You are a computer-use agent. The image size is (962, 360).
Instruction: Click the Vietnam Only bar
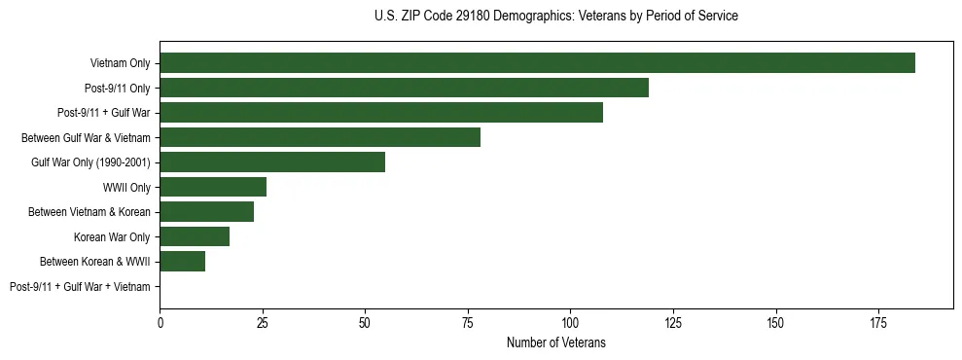click(537, 63)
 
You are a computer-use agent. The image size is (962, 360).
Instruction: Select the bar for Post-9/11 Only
click(404, 88)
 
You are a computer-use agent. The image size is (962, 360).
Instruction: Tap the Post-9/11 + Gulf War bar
click(381, 113)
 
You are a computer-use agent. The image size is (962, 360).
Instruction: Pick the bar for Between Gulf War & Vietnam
click(320, 137)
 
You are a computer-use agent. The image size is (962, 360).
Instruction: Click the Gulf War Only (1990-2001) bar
click(272, 162)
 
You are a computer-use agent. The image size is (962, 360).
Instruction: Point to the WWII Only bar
click(213, 187)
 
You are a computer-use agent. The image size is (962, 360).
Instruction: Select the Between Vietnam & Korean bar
click(207, 212)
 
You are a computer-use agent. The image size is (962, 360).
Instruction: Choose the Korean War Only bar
click(195, 236)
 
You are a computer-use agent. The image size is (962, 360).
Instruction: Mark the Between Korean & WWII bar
click(183, 262)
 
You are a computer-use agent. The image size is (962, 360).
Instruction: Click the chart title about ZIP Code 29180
click(555, 17)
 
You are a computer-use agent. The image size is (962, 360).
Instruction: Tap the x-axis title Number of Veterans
click(555, 342)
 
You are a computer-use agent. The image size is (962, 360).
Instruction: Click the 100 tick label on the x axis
click(570, 321)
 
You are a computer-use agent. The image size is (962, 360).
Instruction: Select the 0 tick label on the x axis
click(160, 321)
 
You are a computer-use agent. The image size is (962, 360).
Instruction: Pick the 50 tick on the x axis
click(365, 321)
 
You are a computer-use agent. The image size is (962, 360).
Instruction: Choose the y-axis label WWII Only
click(126, 187)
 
